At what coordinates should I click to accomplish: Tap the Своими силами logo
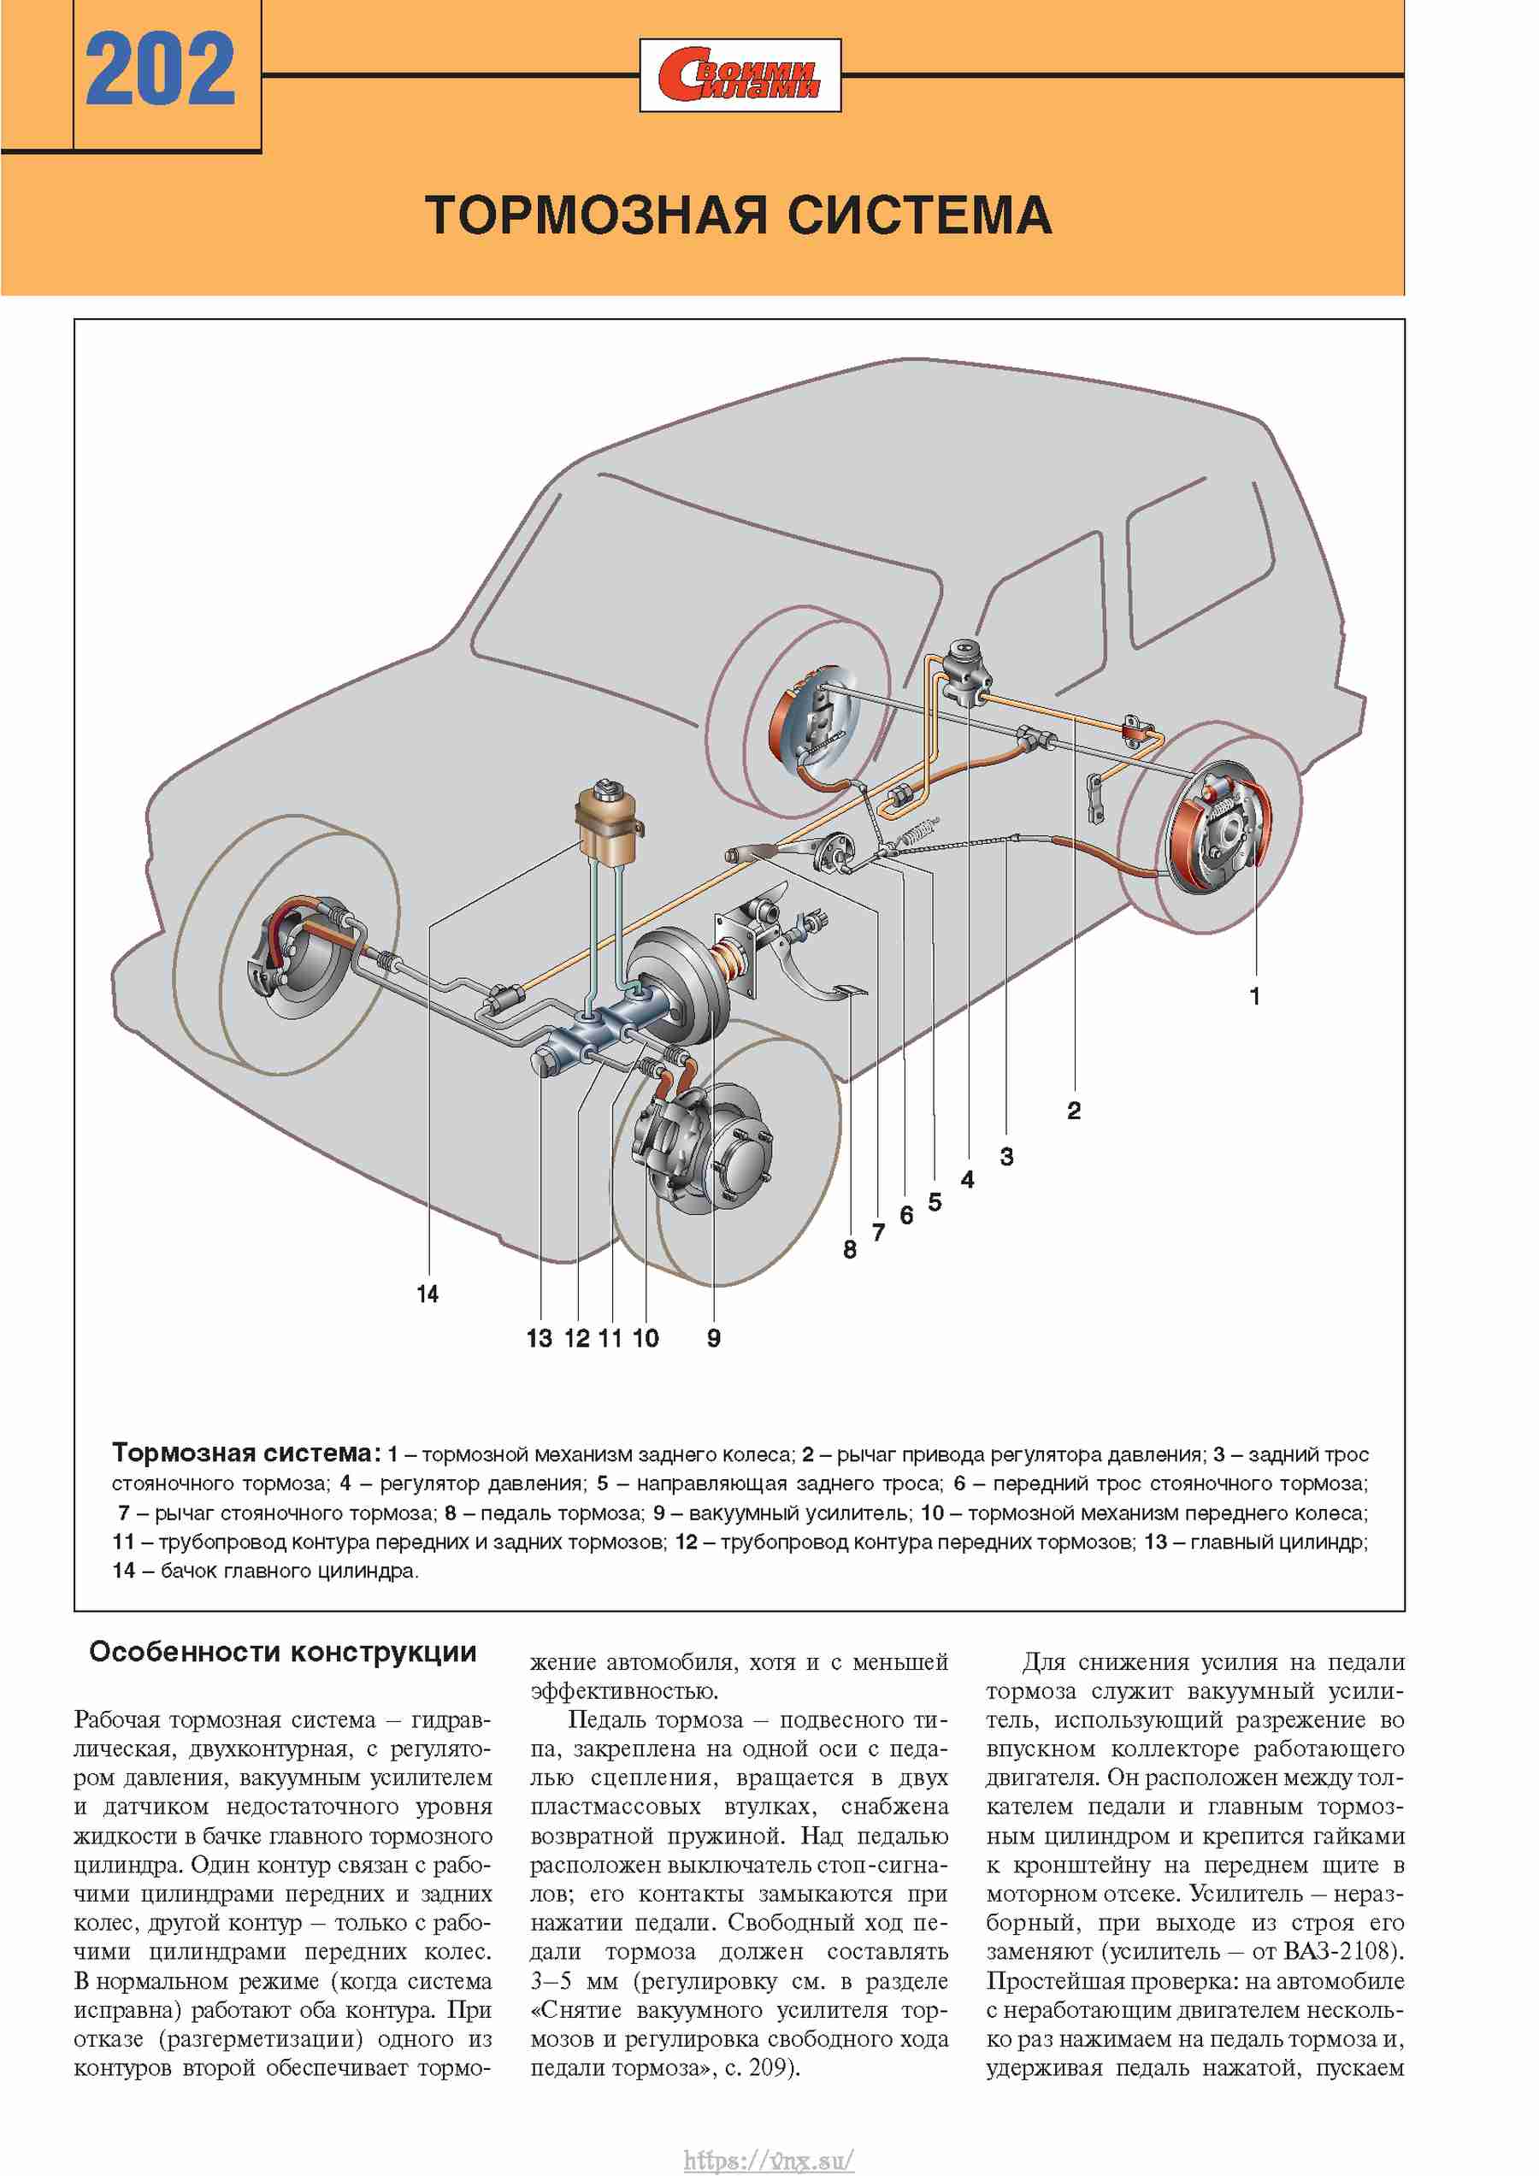click(x=740, y=75)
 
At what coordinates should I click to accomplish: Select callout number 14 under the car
click(x=427, y=1294)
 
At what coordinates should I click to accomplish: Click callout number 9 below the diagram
click(x=714, y=1338)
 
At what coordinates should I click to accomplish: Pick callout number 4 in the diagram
click(x=967, y=1179)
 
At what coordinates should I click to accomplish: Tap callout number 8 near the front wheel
click(x=850, y=1250)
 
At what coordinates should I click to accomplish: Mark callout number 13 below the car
click(x=540, y=1338)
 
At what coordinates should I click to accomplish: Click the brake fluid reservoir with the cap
click(x=607, y=821)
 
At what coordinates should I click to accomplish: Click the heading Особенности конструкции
click(x=282, y=1653)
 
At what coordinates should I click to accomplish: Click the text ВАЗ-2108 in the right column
click(x=1340, y=1951)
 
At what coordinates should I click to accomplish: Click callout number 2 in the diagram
click(x=1074, y=1111)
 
